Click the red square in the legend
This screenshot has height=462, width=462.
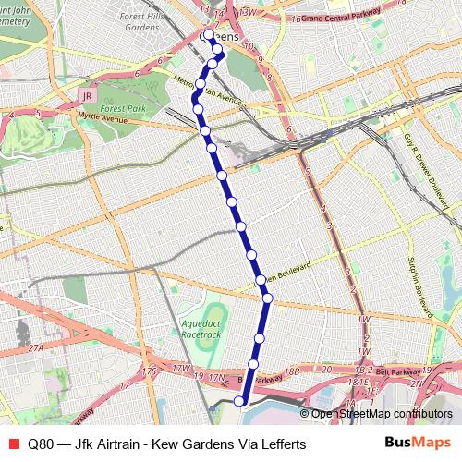(x=12, y=444)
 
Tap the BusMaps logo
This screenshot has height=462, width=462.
(x=417, y=443)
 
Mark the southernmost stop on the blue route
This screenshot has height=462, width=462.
(x=239, y=400)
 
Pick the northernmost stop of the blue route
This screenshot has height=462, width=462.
(x=208, y=35)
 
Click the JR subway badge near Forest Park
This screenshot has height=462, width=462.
(x=87, y=95)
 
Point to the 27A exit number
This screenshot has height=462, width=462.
(x=36, y=347)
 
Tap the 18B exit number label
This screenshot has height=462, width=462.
(x=293, y=371)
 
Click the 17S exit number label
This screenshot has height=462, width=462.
(x=150, y=371)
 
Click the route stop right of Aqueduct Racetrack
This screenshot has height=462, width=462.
(x=260, y=339)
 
